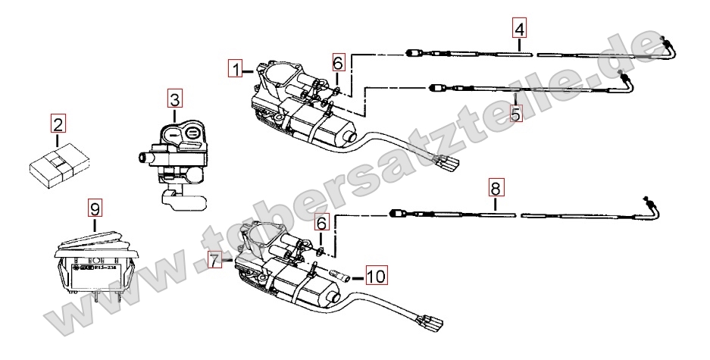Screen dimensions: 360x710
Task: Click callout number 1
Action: coord(236,70)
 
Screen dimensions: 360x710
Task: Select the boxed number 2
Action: coord(58,122)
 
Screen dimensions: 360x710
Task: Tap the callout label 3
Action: coord(175,99)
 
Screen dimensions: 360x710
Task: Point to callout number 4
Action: coord(518,29)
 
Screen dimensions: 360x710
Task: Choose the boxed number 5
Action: coord(515,116)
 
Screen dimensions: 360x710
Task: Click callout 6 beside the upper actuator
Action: coord(339,61)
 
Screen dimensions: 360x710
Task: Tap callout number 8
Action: coord(494,186)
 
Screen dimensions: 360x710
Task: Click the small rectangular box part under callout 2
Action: coord(59,167)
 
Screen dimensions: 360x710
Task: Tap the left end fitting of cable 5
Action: coord(437,87)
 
